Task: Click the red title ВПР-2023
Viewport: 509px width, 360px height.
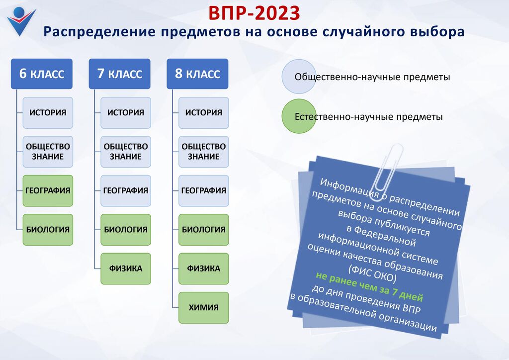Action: (x=254, y=13)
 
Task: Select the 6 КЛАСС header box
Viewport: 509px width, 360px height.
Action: (x=42, y=74)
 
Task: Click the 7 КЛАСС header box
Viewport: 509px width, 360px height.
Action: (x=119, y=74)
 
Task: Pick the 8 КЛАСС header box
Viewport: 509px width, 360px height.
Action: (x=197, y=74)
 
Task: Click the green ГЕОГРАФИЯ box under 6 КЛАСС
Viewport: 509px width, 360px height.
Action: (x=48, y=190)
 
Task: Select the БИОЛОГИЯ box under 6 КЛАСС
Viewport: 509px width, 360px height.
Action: (x=48, y=230)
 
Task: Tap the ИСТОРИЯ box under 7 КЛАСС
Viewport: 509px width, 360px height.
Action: (x=126, y=113)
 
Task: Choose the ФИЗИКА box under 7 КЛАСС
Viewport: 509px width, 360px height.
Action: (x=126, y=269)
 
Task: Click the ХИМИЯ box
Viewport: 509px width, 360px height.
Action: (x=203, y=307)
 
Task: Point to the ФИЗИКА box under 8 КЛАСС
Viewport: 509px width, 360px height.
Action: (x=203, y=269)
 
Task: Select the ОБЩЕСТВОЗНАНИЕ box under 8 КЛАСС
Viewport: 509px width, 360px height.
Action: (x=203, y=152)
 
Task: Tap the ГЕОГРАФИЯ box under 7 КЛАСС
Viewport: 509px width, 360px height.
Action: (x=126, y=190)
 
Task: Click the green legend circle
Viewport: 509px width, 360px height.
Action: (x=299, y=116)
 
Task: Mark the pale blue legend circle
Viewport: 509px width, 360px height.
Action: (x=299, y=77)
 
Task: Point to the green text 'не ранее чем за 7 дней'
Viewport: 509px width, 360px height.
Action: (x=369, y=286)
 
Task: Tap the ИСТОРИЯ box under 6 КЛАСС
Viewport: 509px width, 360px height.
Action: (x=48, y=113)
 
